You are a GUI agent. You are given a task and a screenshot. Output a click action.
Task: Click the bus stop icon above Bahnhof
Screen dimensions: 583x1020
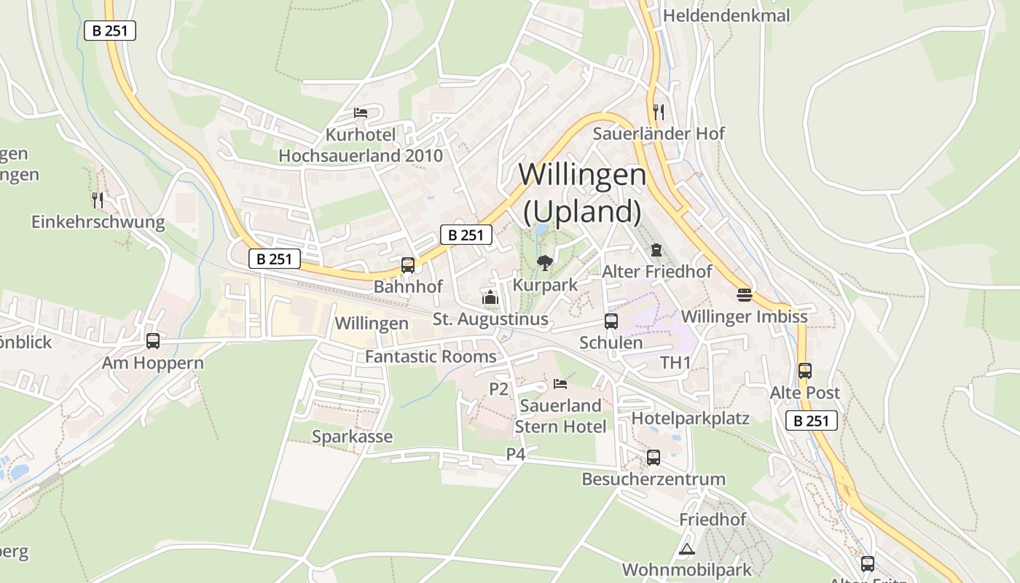[x=408, y=265]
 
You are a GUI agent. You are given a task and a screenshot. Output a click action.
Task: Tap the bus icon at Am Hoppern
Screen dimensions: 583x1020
[x=153, y=340]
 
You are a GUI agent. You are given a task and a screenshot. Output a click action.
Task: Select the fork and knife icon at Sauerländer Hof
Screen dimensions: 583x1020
[x=659, y=111]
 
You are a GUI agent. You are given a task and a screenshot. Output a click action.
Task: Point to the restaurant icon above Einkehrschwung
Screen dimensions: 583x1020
[x=98, y=200]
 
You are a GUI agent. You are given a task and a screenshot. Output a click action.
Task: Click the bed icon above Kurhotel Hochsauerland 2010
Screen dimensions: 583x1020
[x=361, y=113]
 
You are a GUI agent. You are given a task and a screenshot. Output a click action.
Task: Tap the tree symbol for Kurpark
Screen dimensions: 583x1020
[x=544, y=262]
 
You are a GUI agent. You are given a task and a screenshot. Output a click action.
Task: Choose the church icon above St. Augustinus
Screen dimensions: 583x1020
[x=490, y=297]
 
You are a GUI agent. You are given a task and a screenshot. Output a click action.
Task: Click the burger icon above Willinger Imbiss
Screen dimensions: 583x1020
[x=744, y=294]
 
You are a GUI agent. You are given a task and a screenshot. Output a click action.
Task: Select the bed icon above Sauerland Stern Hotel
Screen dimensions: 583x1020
[x=560, y=383]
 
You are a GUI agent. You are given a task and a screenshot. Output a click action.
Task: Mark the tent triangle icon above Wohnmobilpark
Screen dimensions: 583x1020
[x=686, y=549]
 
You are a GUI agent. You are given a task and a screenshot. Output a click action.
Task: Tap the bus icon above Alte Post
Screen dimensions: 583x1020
[x=805, y=370]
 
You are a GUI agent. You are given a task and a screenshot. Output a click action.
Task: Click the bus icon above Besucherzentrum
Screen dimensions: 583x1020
[x=654, y=458]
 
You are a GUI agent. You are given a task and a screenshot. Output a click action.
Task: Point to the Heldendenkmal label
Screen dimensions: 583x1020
[x=726, y=15]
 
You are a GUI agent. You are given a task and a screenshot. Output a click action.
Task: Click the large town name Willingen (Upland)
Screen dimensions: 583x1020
[x=582, y=192]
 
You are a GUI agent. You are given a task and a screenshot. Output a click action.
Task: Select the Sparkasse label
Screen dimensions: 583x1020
[x=352, y=437]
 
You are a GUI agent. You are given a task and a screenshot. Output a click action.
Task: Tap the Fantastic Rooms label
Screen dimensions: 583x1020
[x=431, y=356]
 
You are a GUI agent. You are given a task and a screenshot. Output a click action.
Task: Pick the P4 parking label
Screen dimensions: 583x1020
[x=516, y=454]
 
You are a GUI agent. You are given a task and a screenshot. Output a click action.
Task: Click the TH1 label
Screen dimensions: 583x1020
[x=675, y=362]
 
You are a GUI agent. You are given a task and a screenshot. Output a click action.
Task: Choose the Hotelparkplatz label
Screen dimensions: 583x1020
[x=690, y=418]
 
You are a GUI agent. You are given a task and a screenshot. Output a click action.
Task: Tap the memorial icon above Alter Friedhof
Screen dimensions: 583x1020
[x=656, y=250]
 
